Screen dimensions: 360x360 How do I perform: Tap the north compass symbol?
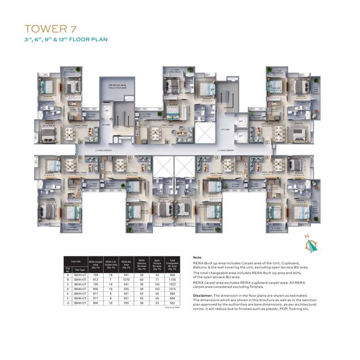(x=310, y=244)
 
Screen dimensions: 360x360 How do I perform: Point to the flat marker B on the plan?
(x=168, y=142)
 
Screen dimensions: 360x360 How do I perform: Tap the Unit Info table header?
(x=76, y=261)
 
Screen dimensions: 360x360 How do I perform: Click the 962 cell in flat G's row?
(x=173, y=303)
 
